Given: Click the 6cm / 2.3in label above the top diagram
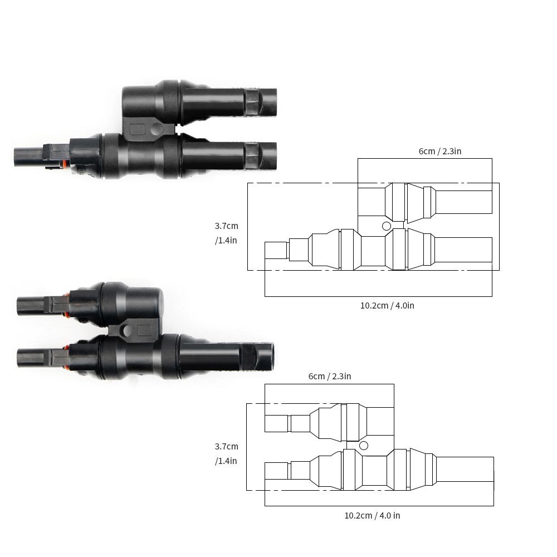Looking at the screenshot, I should tap(439, 151).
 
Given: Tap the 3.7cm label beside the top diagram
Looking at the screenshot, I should tap(226, 226).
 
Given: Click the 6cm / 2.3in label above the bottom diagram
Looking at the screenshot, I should tap(330, 376).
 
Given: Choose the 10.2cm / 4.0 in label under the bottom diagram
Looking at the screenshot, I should tap(372, 515).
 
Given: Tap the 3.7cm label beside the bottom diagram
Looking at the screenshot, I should tap(226, 446).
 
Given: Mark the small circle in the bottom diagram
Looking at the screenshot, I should tap(364, 446).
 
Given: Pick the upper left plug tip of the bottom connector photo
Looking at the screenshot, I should tap(31, 305).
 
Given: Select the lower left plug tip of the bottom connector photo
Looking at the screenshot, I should tap(31, 356).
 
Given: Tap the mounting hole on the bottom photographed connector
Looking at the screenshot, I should tap(128, 330).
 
